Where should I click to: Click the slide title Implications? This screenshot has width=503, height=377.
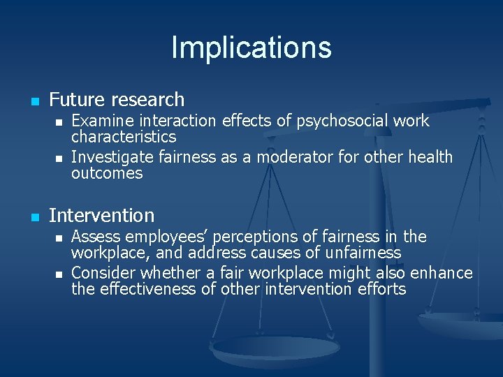point(251,47)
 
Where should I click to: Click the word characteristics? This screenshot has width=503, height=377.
point(124,137)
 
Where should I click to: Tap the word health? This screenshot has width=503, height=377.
point(428,157)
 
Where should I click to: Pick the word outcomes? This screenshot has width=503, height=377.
point(107,173)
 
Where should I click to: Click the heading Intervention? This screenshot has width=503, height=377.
point(101,216)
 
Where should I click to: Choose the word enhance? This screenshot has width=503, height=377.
point(442,273)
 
